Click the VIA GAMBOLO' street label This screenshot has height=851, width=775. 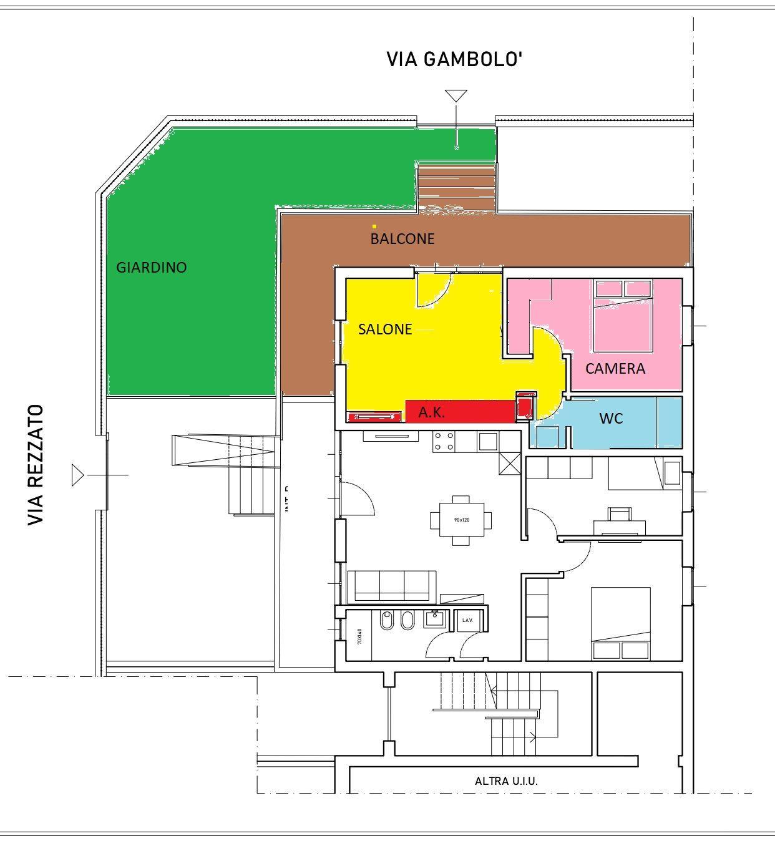(454, 59)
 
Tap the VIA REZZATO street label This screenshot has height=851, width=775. (36, 465)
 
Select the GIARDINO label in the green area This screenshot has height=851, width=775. (152, 268)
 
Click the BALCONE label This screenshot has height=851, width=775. (402, 239)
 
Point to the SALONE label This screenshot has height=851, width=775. (385, 329)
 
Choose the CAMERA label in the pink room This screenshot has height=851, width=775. (615, 369)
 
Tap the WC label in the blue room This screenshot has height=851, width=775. (611, 419)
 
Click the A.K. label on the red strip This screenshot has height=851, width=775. (431, 412)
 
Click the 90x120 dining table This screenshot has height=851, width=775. (461, 520)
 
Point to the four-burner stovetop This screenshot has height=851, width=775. (444, 442)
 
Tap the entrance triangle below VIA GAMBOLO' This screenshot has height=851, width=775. (456, 95)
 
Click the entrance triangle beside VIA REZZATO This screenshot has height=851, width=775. (77, 475)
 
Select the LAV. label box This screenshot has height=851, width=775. (468, 621)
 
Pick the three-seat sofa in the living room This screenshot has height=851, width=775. (392, 585)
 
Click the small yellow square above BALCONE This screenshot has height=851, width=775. (374, 226)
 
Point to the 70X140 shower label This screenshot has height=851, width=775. (359, 636)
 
